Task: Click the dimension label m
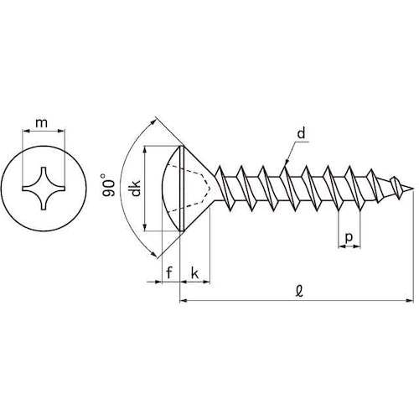pyautogui.click(x=42, y=122)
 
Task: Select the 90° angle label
pyautogui.click(x=109, y=185)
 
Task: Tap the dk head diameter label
pyautogui.click(x=136, y=188)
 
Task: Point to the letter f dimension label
pyautogui.click(x=169, y=272)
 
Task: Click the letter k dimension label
pyautogui.click(x=194, y=272)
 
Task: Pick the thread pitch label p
pyautogui.click(x=349, y=238)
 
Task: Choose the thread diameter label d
pyautogui.click(x=301, y=133)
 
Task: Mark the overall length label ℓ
pyautogui.click(x=299, y=292)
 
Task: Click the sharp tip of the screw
pyautogui.click(x=413, y=189)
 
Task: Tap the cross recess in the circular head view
pyautogui.click(x=44, y=189)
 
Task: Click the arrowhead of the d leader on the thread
pyautogui.click(x=287, y=163)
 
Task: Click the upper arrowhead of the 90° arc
pyautogui.click(x=153, y=122)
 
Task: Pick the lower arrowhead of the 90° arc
pyautogui.click(x=153, y=254)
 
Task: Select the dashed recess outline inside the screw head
pyautogui.click(x=190, y=189)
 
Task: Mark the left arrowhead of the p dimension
pyautogui.click(x=342, y=246)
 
